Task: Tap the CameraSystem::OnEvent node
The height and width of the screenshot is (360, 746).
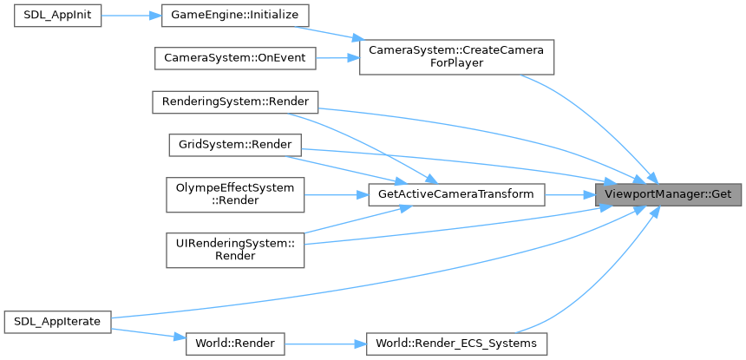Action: [x=235, y=59]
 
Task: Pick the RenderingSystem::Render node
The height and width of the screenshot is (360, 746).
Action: [x=235, y=101]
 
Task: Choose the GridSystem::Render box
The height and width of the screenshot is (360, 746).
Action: [x=234, y=144]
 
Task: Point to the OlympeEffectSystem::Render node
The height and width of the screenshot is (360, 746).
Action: [x=234, y=193]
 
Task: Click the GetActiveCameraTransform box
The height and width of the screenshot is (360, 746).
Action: [x=456, y=193]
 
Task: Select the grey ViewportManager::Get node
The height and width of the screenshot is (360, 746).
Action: [x=668, y=193]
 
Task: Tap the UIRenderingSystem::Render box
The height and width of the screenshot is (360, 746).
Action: [x=234, y=250]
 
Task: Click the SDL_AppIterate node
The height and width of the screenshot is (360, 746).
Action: [x=58, y=321]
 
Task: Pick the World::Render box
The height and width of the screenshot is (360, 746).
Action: [x=234, y=344]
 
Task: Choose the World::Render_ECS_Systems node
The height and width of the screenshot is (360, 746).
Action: [x=456, y=344]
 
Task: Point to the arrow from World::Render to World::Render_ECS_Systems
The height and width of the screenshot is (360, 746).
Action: [x=324, y=344]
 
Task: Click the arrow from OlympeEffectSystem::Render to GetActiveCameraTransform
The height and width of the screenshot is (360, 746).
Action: [x=335, y=193]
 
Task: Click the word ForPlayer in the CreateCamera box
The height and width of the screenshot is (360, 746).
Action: [x=456, y=65]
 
